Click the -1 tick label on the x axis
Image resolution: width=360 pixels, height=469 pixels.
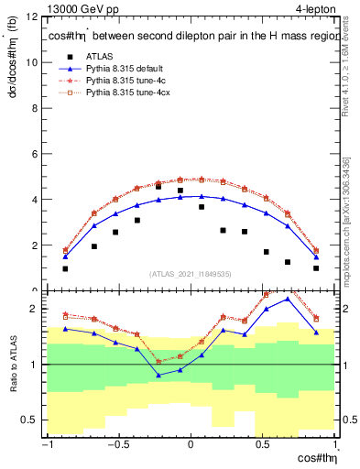pyautogui.click(x=45, y=447)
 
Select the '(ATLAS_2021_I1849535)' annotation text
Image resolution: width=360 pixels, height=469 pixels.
pyautogui.click(x=190, y=274)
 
